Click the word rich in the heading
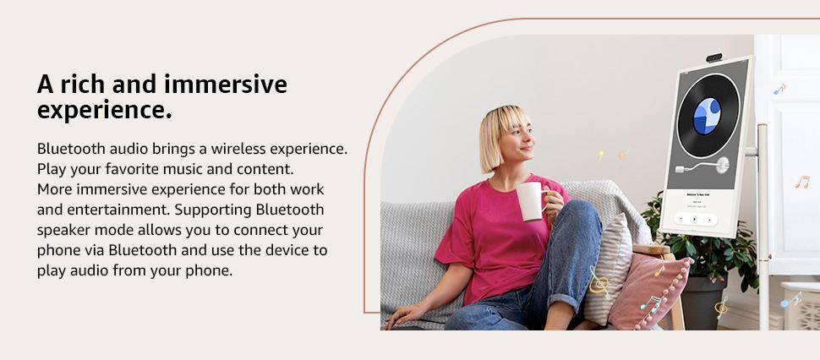81,85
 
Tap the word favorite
131,169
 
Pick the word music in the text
183,169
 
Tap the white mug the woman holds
531,201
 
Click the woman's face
517,139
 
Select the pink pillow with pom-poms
649,290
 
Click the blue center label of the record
707,116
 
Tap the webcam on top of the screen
713,57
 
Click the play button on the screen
694,220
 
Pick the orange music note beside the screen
801,182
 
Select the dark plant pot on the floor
702,303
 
